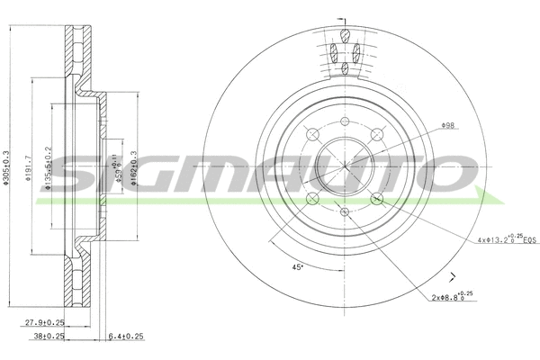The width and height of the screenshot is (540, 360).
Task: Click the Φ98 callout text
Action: coord(447,126)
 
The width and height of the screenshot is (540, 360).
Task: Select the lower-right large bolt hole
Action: coord(378,200)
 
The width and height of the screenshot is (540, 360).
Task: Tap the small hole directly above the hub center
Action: coord(345,121)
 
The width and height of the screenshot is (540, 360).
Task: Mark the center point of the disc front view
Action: coord(345,166)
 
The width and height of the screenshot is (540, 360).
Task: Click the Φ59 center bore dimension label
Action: coord(113,167)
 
